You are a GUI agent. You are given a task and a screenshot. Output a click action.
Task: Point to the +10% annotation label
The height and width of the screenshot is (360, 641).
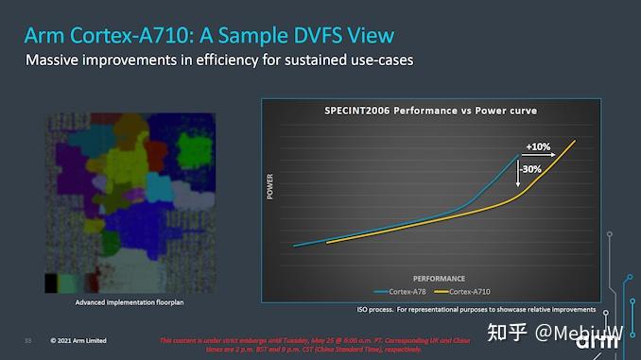tap(539, 146)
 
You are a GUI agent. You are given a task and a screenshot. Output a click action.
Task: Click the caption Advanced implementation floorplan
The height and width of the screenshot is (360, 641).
tap(129, 303)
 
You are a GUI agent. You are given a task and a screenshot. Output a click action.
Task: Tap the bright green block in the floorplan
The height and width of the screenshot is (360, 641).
tap(195, 149)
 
